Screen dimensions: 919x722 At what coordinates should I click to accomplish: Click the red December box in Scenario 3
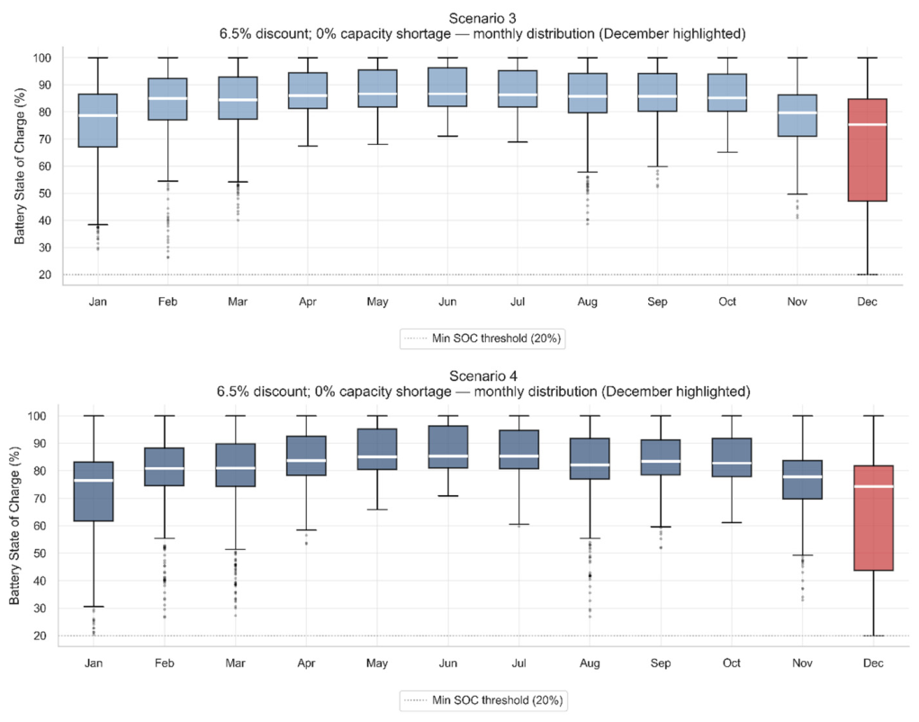[x=867, y=150]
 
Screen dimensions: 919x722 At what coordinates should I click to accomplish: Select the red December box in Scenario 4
[x=873, y=518]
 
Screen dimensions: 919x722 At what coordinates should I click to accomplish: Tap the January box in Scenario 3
[x=98, y=120]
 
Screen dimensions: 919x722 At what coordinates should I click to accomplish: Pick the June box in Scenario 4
[x=447, y=447]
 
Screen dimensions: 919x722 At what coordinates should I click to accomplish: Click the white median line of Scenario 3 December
[x=867, y=125]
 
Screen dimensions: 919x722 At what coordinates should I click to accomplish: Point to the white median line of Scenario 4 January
[x=94, y=481]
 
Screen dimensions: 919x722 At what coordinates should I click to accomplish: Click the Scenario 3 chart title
[x=482, y=26]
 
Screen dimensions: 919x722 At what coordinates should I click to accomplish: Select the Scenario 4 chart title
[x=483, y=384]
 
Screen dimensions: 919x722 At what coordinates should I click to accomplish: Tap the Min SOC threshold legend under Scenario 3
[x=482, y=338]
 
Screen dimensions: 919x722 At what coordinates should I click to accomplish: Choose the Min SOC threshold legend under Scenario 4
[x=483, y=700]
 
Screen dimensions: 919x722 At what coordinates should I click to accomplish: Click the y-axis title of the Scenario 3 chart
[x=20, y=166]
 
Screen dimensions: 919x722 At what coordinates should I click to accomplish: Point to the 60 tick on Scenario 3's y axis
[x=45, y=167]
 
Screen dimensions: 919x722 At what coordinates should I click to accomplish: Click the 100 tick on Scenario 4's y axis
[x=37, y=416]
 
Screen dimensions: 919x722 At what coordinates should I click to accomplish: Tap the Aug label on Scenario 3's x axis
[x=587, y=302]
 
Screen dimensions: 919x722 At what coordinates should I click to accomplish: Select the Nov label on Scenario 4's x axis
[x=802, y=663]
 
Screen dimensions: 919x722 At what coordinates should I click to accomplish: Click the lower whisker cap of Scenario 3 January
[x=98, y=224]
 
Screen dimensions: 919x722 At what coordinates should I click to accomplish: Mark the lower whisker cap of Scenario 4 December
[x=873, y=636]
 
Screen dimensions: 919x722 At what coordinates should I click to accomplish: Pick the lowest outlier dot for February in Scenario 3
[x=167, y=257]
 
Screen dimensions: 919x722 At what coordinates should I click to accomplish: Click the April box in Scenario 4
[x=307, y=456]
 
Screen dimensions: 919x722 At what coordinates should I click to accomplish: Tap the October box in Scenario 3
[x=727, y=93]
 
